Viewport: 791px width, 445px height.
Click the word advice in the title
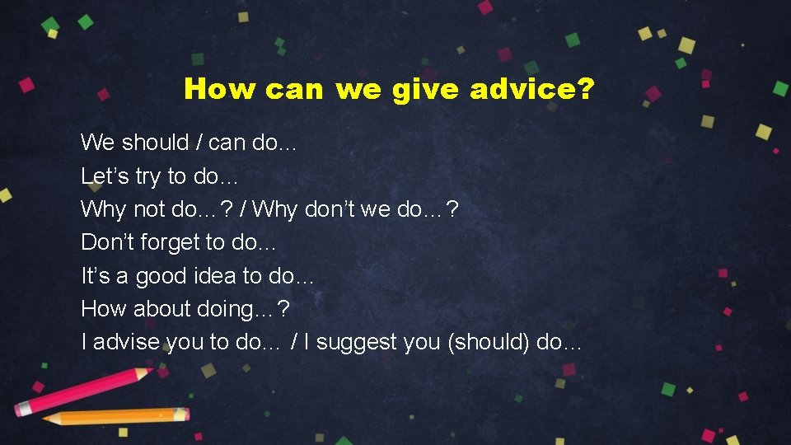point(524,88)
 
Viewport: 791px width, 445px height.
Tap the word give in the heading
point(428,89)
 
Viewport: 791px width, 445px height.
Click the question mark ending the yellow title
point(585,88)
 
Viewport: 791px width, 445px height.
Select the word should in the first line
point(155,143)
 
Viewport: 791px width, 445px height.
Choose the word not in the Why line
point(149,209)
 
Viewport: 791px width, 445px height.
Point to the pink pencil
point(82,391)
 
